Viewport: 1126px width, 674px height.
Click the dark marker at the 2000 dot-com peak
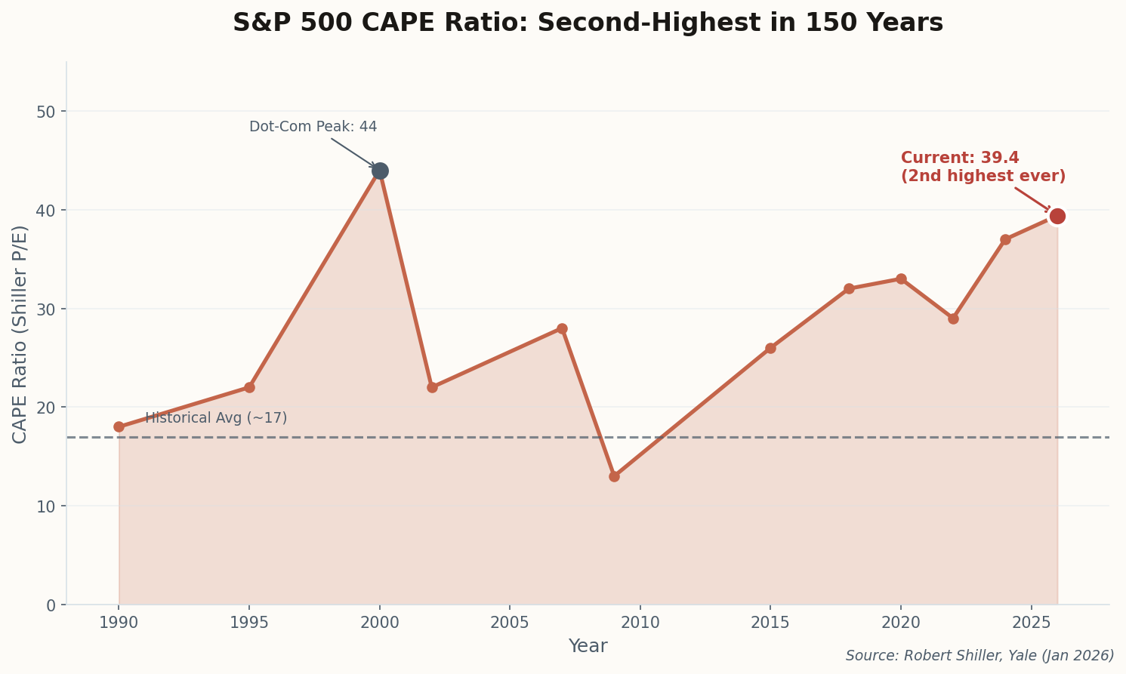pyautogui.click(x=380, y=171)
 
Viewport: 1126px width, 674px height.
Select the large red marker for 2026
pyautogui.click(x=1057, y=216)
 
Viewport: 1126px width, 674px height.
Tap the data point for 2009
pyautogui.click(x=614, y=476)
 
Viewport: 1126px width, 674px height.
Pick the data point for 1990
pyautogui.click(x=119, y=426)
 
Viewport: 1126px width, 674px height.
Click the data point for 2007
pyautogui.click(x=562, y=328)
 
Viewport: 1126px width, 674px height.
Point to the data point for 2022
pyautogui.click(x=953, y=319)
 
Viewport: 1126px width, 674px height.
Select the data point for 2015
pyautogui.click(x=770, y=348)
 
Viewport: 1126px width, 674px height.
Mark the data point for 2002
pyautogui.click(x=432, y=387)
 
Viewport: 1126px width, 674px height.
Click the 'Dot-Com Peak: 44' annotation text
pyautogui.click(x=313, y=127)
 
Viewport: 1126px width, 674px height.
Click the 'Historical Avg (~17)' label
pyautogui.click(x=216, y=418)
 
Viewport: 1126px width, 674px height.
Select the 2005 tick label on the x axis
pyautogui.click(x=510, y=623)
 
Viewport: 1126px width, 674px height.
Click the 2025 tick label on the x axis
pyautogui.click(x=1031, y=623)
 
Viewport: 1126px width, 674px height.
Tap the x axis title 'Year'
pyautogui.click(x=588, y=646)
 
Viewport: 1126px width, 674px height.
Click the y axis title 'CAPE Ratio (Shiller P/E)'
pyautogui.click(x=20, y=334)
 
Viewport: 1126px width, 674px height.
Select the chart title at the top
pyautogui.click(x=588, y=23)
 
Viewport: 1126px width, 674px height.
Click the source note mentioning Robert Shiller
pyautogui.click(x=979, y=655)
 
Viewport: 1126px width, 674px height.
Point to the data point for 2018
pyautogui.click(x=849, y=288)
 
